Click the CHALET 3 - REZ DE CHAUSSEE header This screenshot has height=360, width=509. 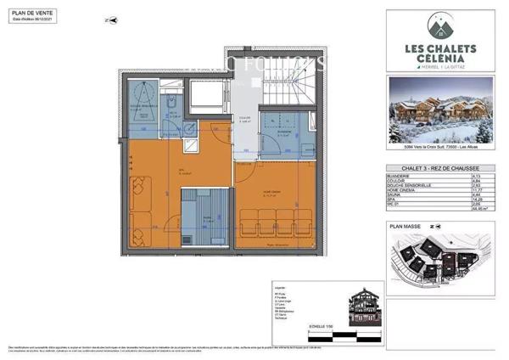pos(443,168)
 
